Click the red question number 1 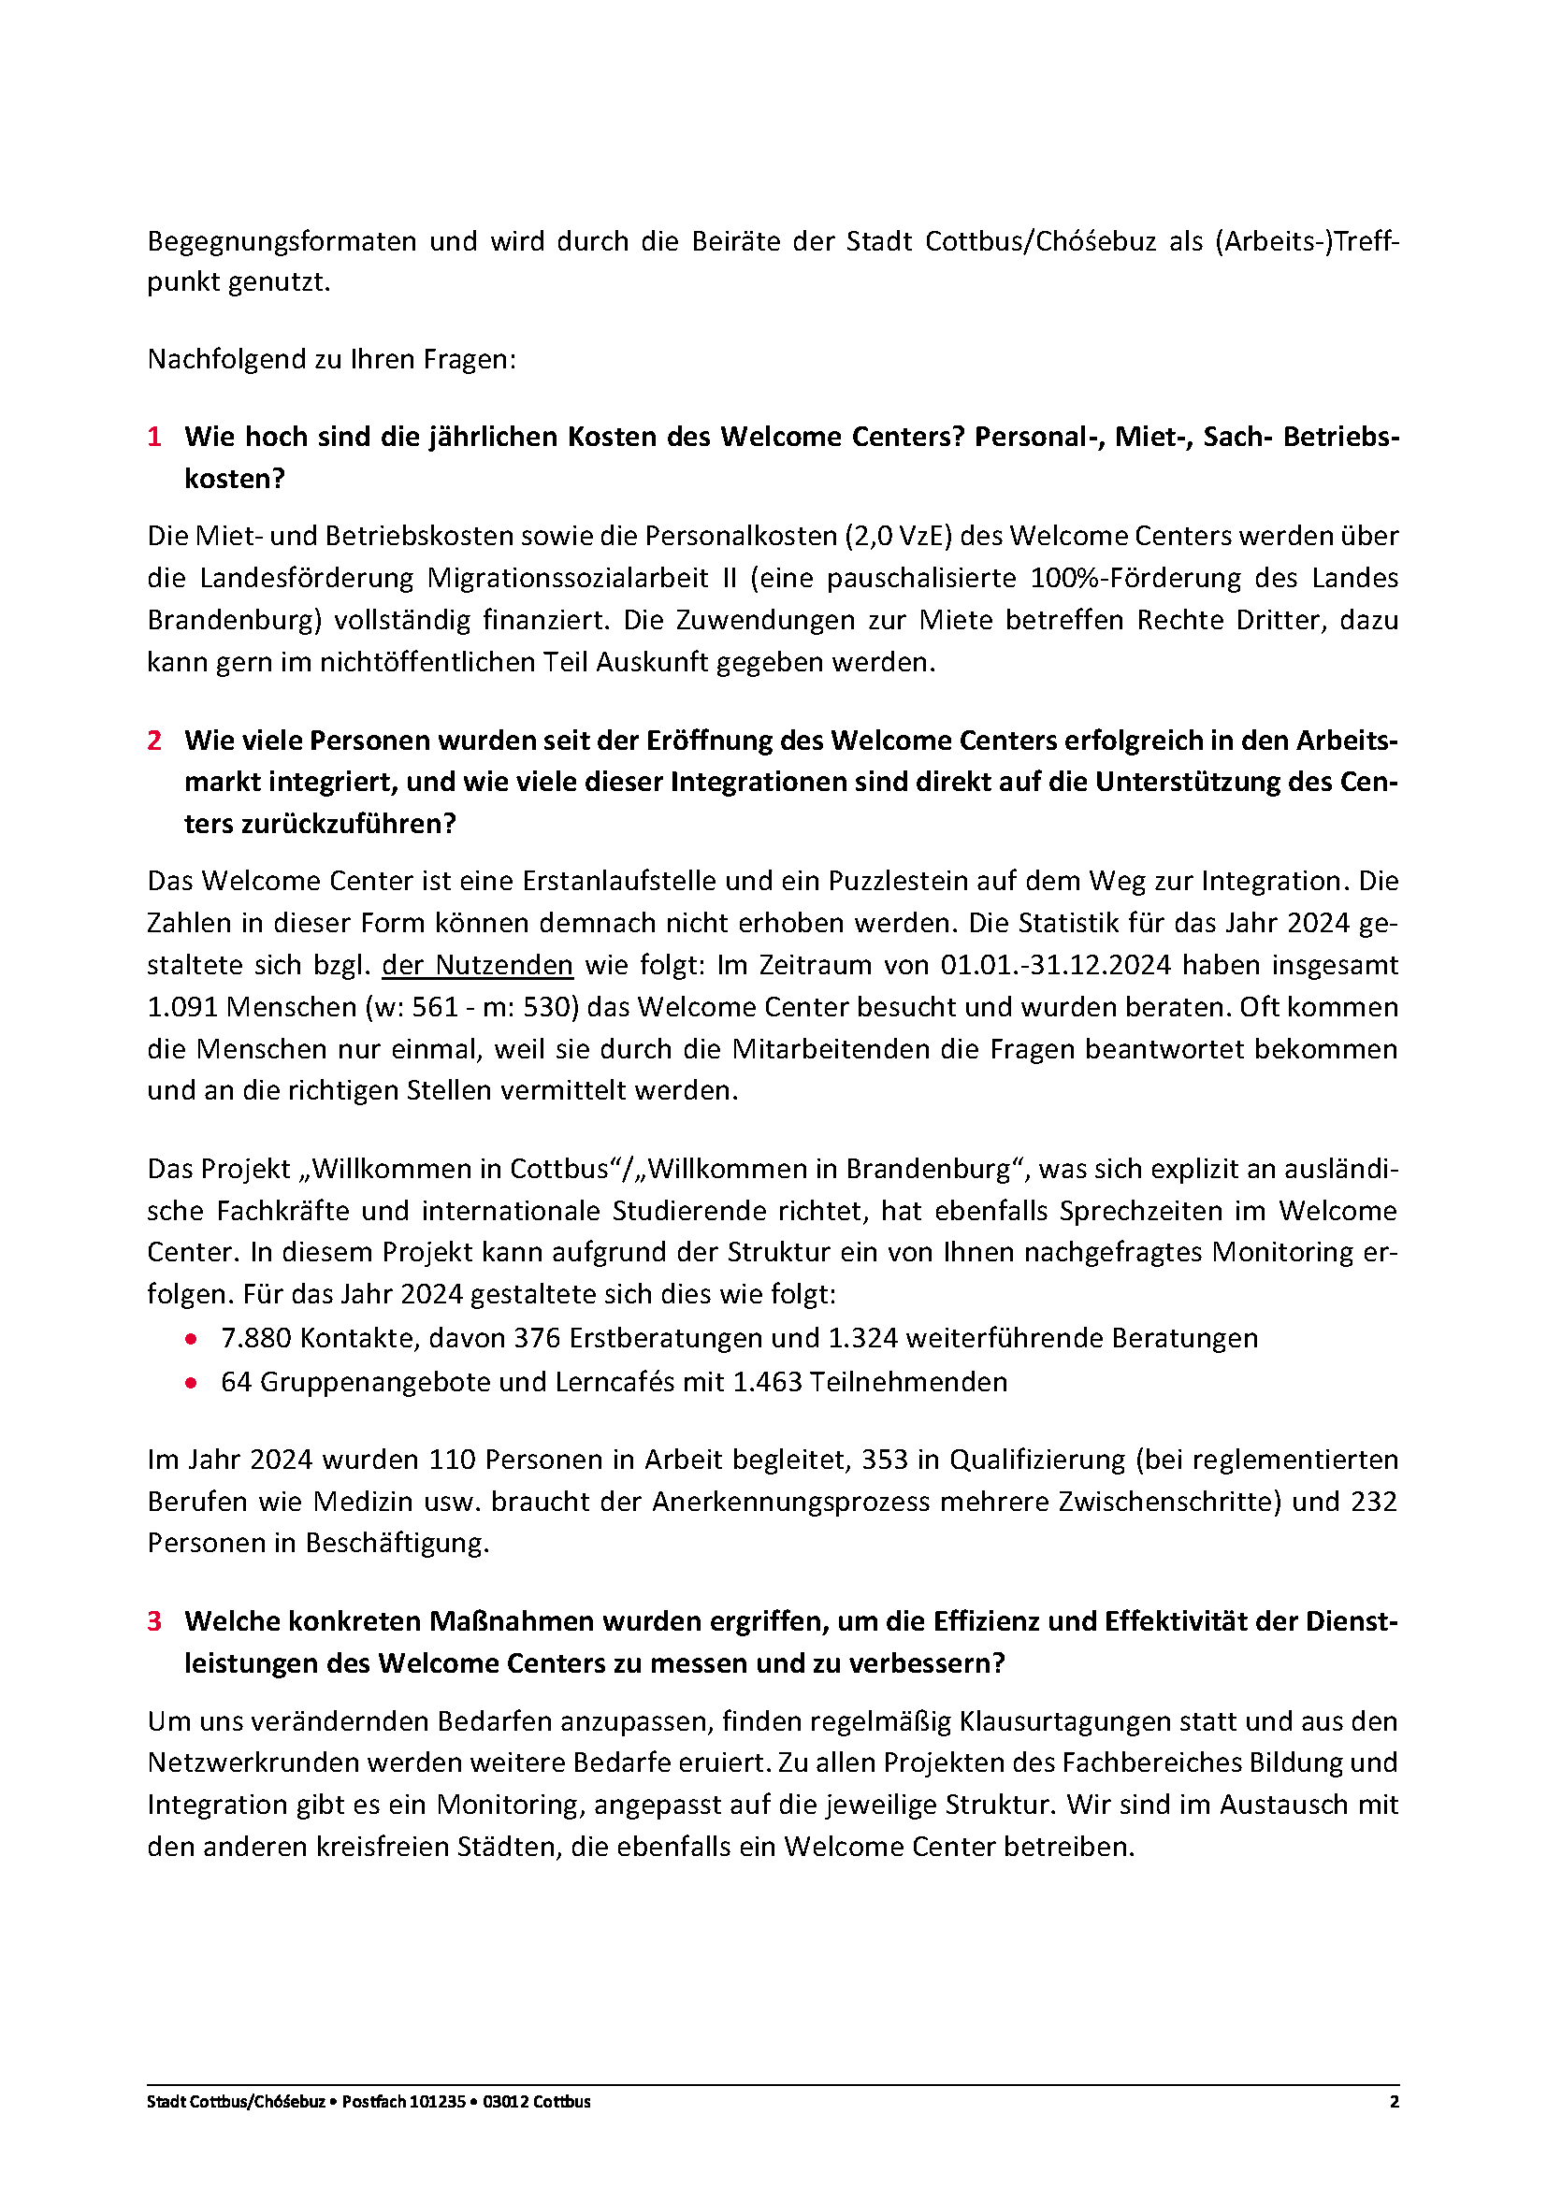tap(154, 438)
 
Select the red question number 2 tap(154, 741)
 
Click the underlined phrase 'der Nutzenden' tap(477, 965)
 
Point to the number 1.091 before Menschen tap(182, 1007)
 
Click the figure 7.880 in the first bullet tap(255, 1338)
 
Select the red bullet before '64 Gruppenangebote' tap(192, 1382)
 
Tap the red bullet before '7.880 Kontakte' tap(192, 1338)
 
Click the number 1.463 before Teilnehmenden tap(767, 1382)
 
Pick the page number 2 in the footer tap(1395, 2101)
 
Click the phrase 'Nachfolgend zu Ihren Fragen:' tap(331, 359)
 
